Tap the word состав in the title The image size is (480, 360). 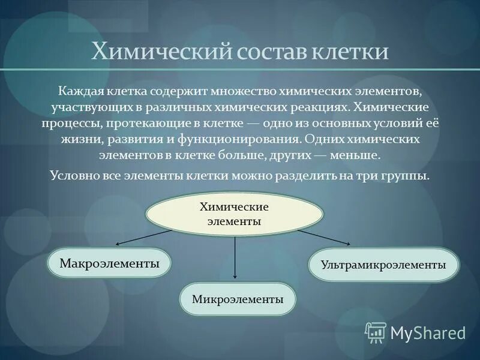tap(267, 51)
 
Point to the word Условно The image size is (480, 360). tap(72, 176)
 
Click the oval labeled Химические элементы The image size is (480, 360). tap(234, 214)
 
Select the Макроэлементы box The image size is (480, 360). tap(109, 263)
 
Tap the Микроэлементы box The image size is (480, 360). tap(238, 299)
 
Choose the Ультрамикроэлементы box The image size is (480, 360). tap(383, 264)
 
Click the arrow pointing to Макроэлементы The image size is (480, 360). tap(144, 238)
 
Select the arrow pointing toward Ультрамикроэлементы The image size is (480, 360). tap(324, 236)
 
